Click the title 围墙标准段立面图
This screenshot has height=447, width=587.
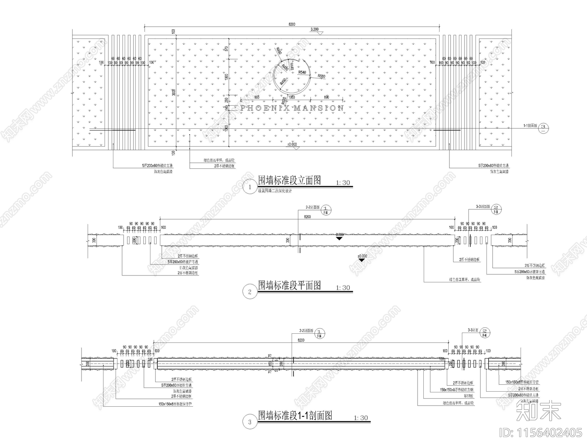(289, 180)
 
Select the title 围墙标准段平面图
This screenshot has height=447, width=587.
(289, 285)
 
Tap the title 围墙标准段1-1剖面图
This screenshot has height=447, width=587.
(295, 415)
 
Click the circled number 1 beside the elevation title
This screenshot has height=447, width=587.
(250, 187)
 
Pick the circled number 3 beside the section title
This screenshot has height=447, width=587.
(250, 422)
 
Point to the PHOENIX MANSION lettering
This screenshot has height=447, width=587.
(292, 108)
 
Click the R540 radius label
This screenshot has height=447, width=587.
(302, 73)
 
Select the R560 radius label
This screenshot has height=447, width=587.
(321, 76)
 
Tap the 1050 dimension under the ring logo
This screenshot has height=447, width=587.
(292, 98)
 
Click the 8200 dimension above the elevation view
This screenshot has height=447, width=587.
(292, 24)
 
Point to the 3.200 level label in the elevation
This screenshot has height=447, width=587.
(315, 29)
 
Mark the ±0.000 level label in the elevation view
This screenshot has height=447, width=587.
(292, 144)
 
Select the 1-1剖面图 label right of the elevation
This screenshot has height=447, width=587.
(530, 125)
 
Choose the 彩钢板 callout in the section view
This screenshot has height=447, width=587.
(468, 396)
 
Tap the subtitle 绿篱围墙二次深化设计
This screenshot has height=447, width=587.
(275, 191)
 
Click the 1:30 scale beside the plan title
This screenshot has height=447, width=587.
(343, 288)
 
